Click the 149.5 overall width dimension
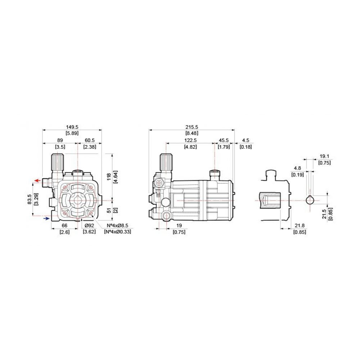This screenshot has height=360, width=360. (72, 127)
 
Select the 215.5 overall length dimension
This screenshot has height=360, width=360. (192, 127)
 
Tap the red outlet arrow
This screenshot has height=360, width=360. (37, 180)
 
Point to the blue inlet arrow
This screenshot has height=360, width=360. (46, 219)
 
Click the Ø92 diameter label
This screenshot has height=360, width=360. (89, 225)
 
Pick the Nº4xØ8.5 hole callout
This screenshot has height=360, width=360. (117, 225)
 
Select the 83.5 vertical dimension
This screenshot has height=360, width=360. (30, 199)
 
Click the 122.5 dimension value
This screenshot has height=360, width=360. (190, 140)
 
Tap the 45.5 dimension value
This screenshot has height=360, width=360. (224, 140)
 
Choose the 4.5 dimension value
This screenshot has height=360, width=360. (246, 140)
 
